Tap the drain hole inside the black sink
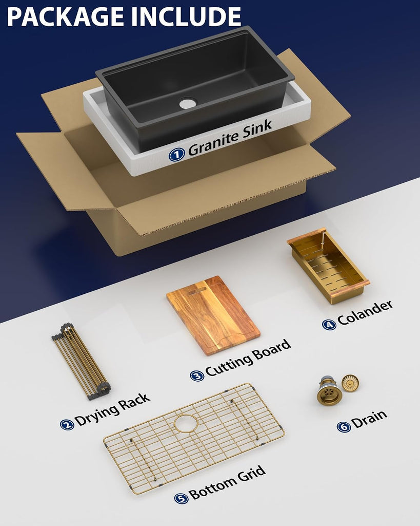point(188,103)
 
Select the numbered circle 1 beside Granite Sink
point(176,154)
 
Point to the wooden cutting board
point(213,315)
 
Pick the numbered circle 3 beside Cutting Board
point(197,375)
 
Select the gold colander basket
point(328,266)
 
